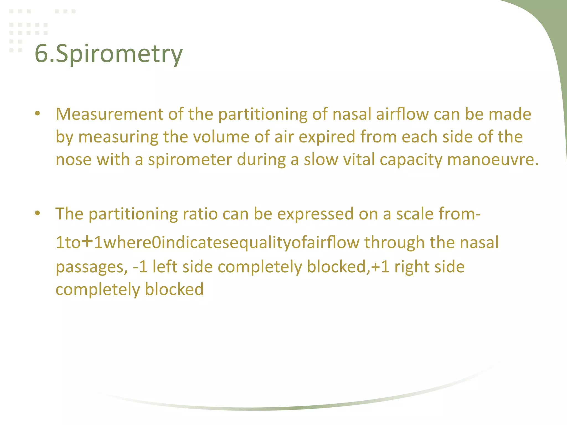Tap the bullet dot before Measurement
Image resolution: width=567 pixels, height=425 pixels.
[38, 113]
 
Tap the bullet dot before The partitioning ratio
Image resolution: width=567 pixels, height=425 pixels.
[38, 213]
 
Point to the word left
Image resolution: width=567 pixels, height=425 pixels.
[165, 267]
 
